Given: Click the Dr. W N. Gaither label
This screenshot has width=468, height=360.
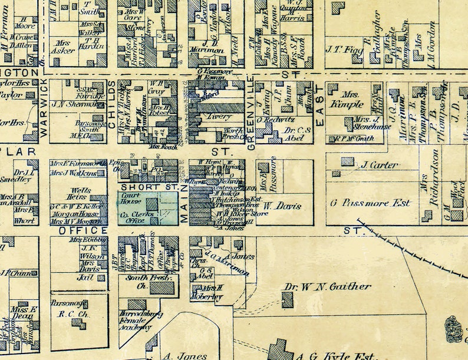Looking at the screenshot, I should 328,287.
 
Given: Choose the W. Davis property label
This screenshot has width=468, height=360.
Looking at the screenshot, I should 282,206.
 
